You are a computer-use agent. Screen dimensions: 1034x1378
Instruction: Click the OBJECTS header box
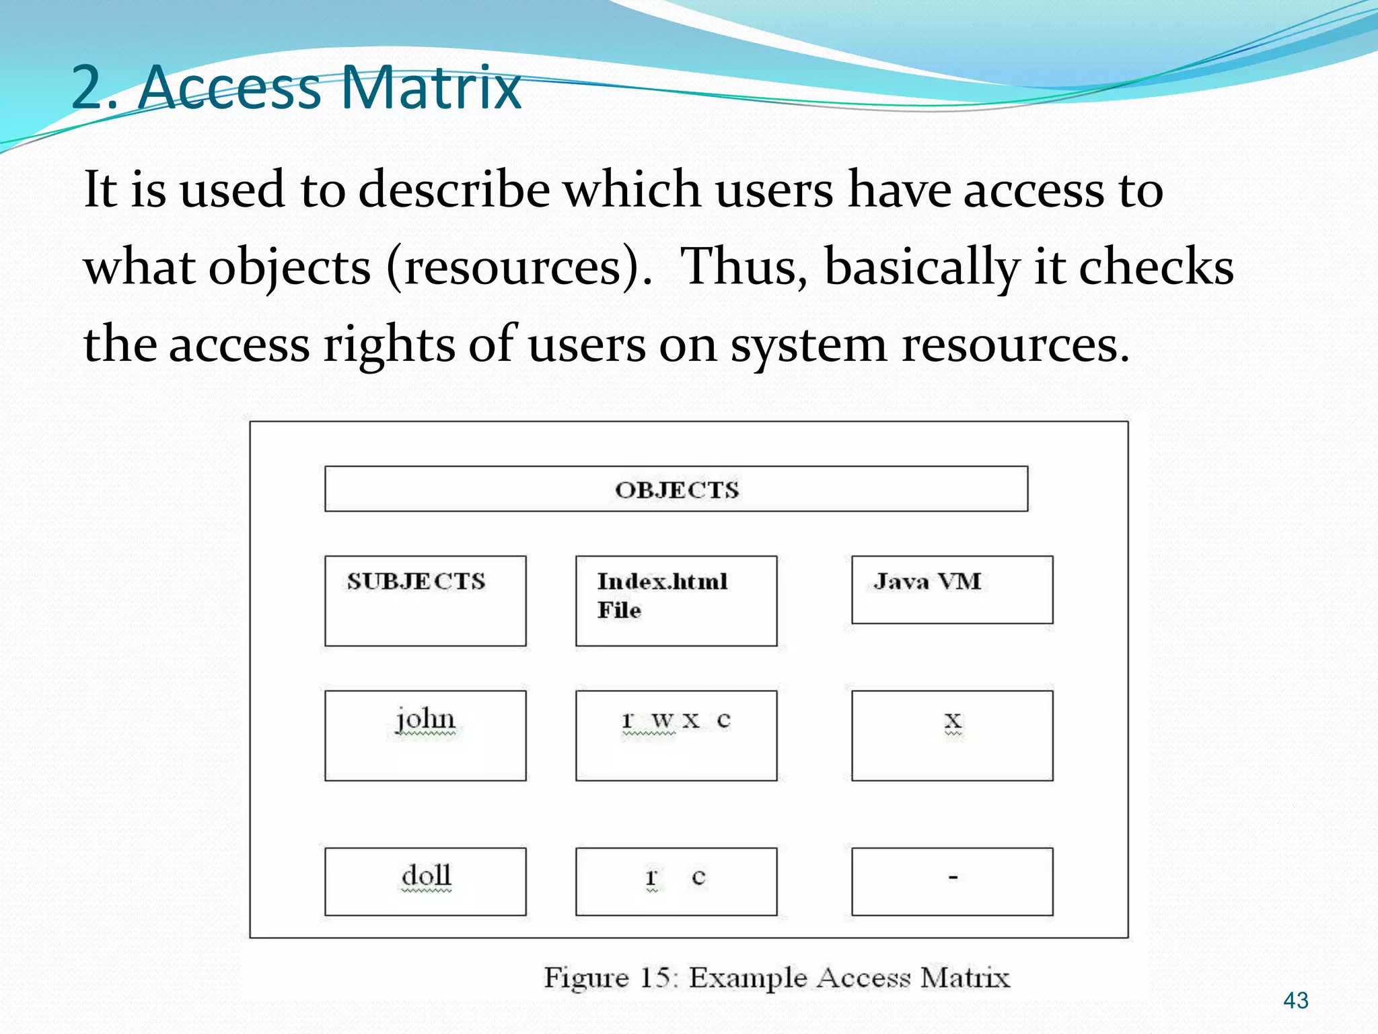coord(676,489)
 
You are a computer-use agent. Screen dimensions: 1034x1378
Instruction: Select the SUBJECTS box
coord(425,600)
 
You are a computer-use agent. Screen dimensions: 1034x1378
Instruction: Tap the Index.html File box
coord(676,600)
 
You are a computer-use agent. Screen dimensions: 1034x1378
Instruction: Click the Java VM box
coord(951,590)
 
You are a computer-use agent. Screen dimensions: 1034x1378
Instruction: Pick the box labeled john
coord(425,735)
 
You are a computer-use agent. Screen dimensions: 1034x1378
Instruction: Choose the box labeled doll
coord(425,881)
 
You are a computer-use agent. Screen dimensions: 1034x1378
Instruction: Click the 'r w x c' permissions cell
coord(676,735)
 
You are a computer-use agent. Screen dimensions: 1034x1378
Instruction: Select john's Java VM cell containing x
coord(951,735)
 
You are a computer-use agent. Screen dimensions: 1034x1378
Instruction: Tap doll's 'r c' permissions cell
coord(676,881)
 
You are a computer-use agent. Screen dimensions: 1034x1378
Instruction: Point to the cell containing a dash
coord(951,881)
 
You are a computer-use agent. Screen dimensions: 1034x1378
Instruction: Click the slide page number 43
coord(1295,1000)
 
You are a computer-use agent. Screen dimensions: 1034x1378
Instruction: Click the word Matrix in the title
coord(431,88)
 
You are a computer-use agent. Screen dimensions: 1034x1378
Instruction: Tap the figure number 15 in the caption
coord(654,977)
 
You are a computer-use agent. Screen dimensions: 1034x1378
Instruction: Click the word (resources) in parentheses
coord(519,267)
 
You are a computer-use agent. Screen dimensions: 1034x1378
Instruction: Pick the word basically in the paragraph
coord(922,267)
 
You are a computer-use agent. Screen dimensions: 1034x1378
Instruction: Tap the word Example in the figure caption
coord(748,977)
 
